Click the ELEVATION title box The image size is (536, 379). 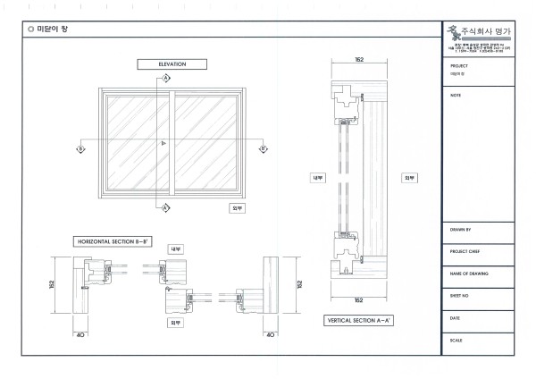point(172,64)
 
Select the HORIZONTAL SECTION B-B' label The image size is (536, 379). point(112,241)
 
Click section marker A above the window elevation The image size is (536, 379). point(166,79)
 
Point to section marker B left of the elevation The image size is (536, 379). point(80,148)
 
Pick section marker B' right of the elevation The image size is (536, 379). point(263,148)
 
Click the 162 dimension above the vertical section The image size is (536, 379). point(359,60)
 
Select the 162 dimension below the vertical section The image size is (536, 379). point(359,299)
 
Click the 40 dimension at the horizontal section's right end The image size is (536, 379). point(271,334)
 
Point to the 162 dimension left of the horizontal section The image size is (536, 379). point(53,284)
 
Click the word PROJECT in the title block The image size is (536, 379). point(460,66)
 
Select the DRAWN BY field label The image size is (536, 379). point(462,230)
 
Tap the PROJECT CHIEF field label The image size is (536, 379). point(465,251)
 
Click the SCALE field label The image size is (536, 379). point(458,340)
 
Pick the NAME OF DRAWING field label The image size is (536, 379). point(469,273)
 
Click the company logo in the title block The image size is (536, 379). point(458,33)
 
